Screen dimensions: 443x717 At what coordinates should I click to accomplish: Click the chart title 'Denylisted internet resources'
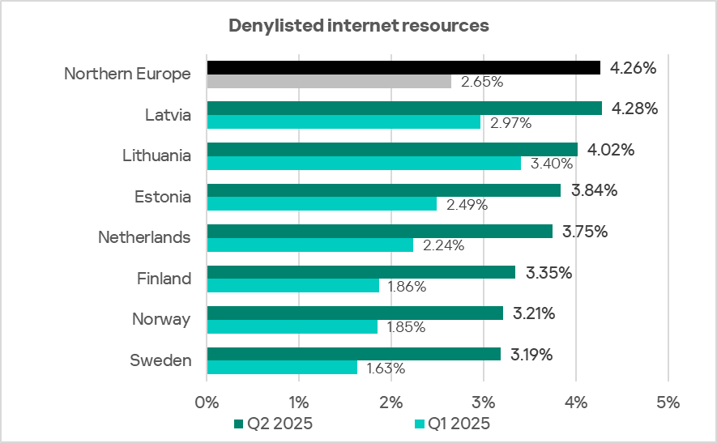click(x=358, y=26)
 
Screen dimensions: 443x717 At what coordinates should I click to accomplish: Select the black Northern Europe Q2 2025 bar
click(x=403, y=67)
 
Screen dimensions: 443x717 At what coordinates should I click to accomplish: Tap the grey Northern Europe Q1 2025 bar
click(x=329, y=81)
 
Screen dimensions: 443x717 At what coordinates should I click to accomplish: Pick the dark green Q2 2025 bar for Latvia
click(x=404, y=108)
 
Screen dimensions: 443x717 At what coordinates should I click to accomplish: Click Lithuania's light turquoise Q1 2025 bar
click(x=364, y=163)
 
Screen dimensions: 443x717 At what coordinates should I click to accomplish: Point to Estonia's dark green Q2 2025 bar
click(x=384, y=190)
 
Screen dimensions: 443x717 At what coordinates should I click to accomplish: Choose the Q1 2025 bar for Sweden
click(x=282, y=367)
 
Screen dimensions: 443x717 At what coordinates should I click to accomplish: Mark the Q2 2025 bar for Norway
click(x=355, y=313)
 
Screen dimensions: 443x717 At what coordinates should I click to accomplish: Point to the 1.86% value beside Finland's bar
click(x=407, y=286)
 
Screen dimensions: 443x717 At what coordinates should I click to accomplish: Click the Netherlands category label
click(x=144, y=237)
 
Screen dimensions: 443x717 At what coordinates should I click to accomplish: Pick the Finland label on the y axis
click(x=164, y=279)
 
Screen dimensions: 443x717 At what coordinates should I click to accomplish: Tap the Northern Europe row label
click(x=127, y=74)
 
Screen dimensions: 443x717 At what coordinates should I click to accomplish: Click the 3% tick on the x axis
click(x=484, y=402)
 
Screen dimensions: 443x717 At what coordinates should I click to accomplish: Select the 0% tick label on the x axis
click(x=207, y=402)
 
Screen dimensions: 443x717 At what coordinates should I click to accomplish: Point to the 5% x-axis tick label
click(x=668, y=402)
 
